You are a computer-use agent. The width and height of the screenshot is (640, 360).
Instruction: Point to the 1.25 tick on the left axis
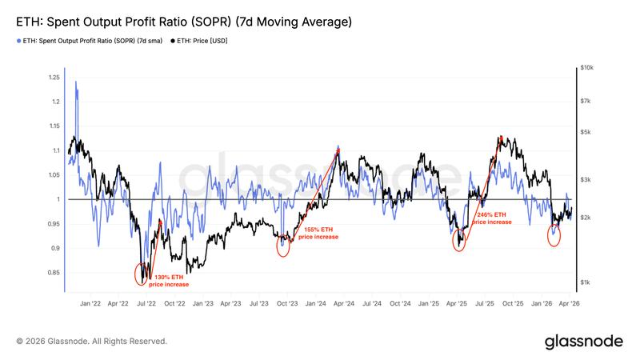click(54, 78)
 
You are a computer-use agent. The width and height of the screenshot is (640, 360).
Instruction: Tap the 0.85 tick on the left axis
click(54, 273)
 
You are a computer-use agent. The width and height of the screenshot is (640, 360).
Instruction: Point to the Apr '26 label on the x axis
click(570, 305)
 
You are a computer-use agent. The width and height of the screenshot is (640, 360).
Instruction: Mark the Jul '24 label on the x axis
click(371, 305)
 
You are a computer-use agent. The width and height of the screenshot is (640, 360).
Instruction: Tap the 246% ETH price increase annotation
click(491, 218)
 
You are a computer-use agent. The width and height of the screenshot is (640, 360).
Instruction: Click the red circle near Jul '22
click(142, 274)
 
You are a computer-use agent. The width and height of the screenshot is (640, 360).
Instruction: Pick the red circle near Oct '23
click(282, 246)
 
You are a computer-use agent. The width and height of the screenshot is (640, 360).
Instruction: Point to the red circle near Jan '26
click(554, 235)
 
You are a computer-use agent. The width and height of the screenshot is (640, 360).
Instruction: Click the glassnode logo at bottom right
click(584, 342)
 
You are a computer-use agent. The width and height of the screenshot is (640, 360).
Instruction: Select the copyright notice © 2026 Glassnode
click(91, 342)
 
